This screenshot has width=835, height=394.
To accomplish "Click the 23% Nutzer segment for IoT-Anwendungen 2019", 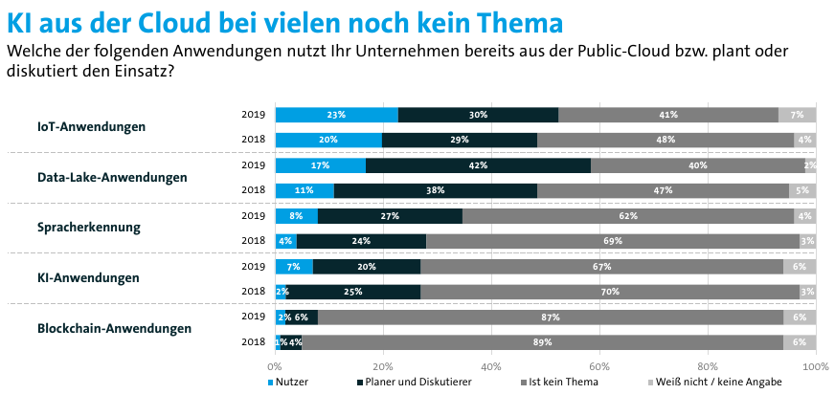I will [336, 115].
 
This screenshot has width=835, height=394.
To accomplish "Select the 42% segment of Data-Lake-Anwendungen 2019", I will [478, 165].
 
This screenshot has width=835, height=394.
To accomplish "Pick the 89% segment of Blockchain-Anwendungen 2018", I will [542, 341].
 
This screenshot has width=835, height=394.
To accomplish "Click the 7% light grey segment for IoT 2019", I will [797, 115].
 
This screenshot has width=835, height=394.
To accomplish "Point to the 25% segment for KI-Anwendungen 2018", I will [353, 291].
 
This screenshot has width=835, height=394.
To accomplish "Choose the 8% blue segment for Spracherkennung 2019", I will [296, 216].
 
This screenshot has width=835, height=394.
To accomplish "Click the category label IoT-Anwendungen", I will [92, 126].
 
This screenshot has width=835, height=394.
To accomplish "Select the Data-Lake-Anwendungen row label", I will [112, 177].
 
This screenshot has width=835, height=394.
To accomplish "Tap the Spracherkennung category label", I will [89, 228].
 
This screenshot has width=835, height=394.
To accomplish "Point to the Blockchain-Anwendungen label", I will [114, 329].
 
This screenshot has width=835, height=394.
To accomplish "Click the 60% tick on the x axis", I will [599, 366].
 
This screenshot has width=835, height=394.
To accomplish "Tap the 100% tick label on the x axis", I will [814, 366].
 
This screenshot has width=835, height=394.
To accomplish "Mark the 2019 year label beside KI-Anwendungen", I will [253, 266].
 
